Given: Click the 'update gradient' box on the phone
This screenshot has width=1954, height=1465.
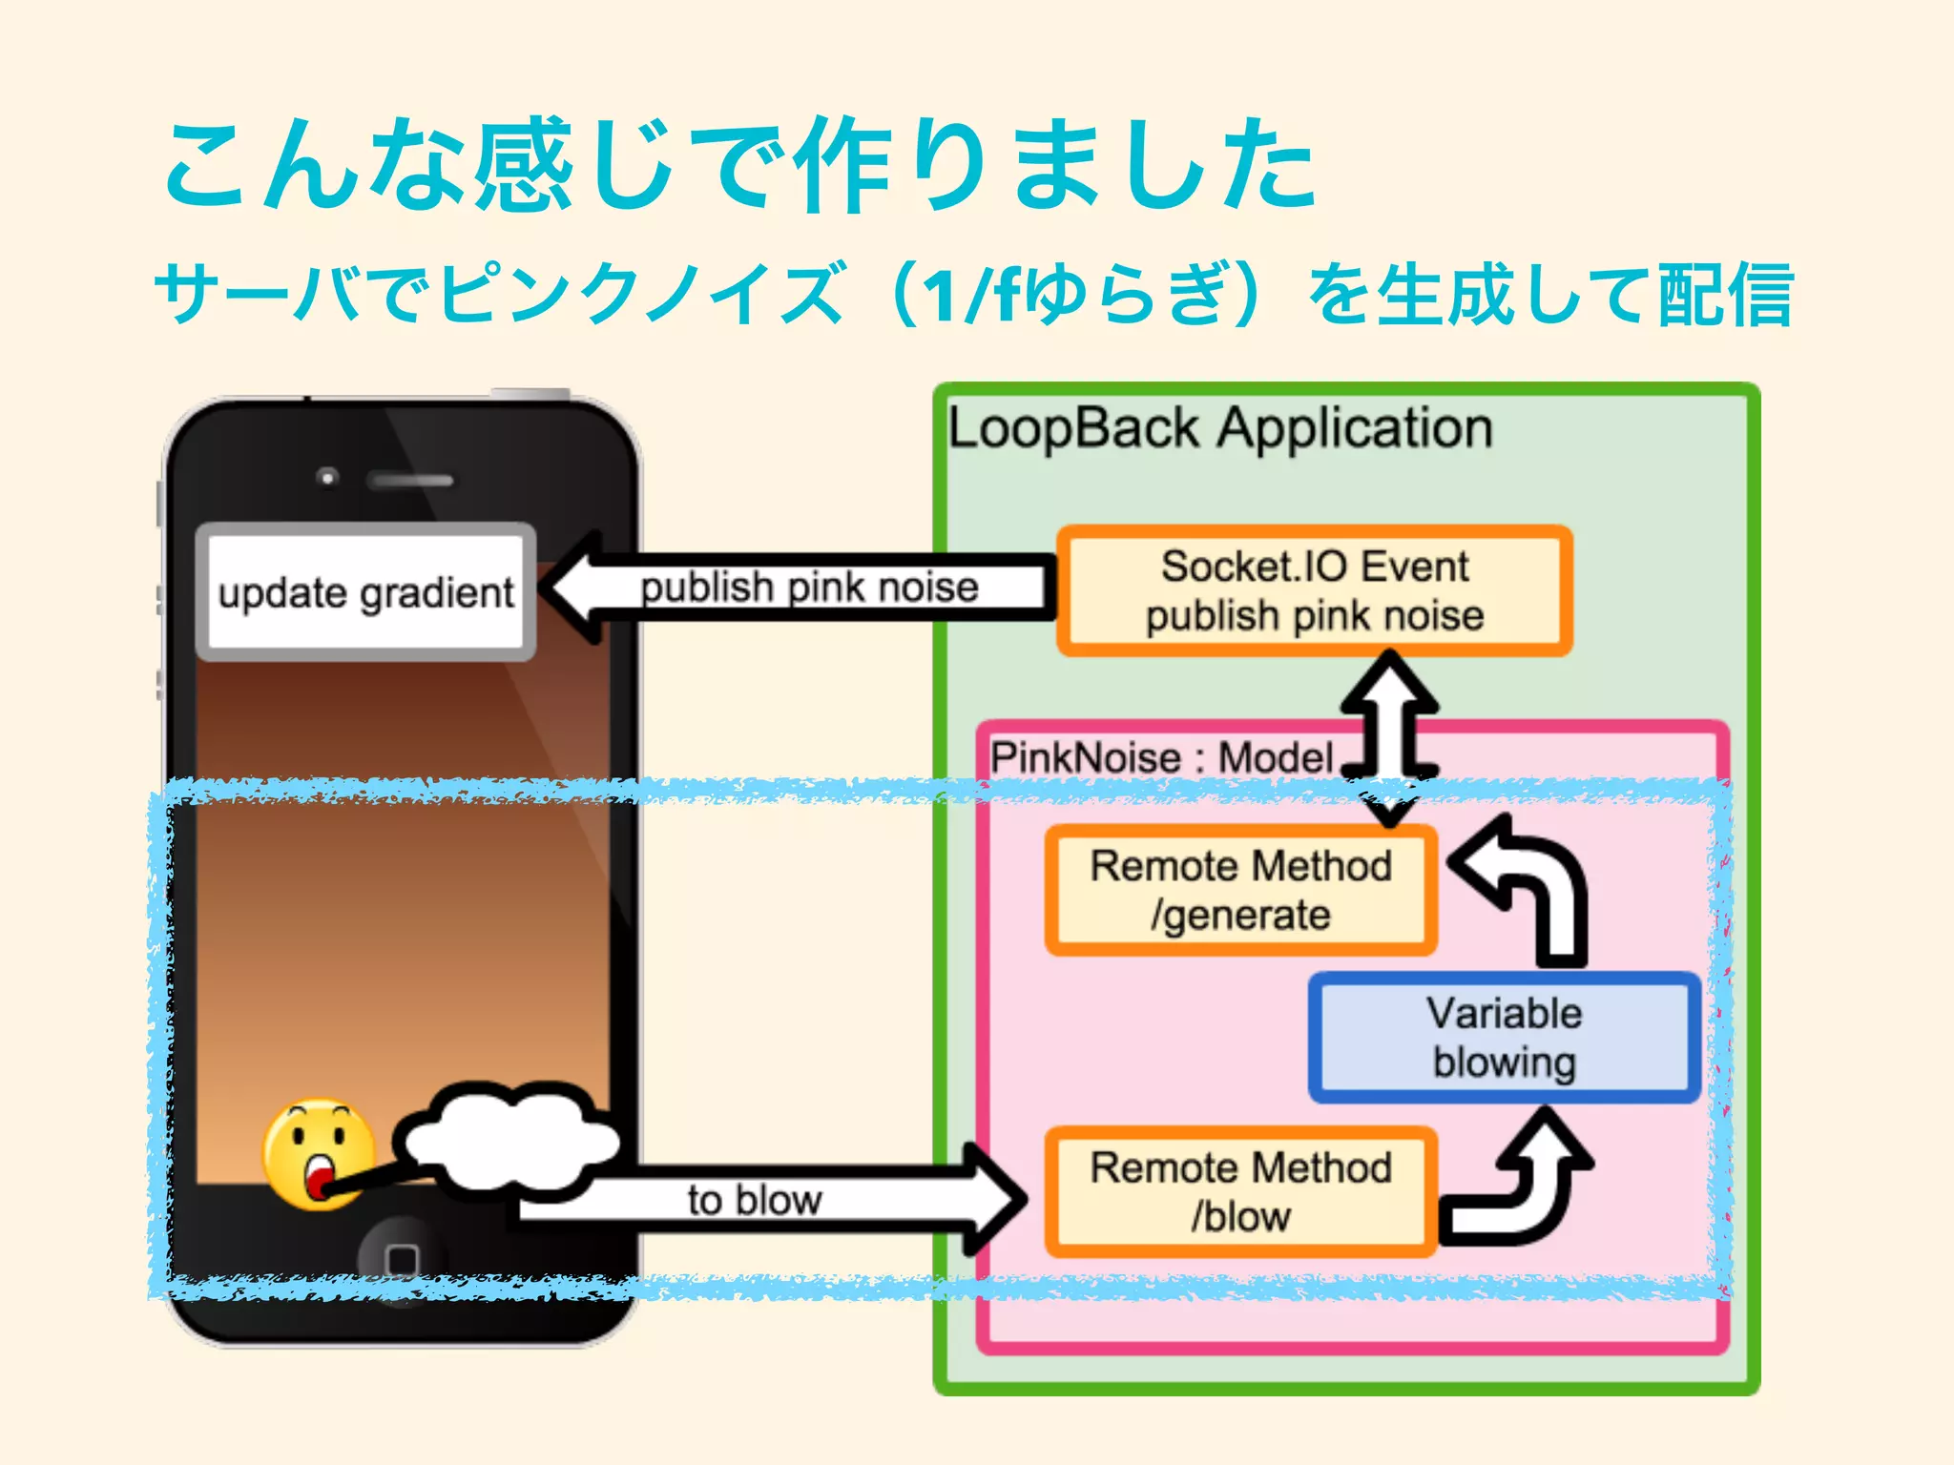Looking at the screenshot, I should coord(365,591).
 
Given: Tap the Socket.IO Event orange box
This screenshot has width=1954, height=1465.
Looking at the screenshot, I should coord(1314,590).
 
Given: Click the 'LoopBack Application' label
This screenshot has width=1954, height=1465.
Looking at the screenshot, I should coord(1219,428).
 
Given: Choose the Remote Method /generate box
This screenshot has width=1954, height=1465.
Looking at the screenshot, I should coord(1240,890).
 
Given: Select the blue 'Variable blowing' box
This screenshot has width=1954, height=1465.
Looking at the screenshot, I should coord(1504,1038).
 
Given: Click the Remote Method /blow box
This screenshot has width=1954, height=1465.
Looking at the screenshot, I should coord(1240,1191).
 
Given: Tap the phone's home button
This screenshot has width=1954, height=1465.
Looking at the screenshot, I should coord(402,1259).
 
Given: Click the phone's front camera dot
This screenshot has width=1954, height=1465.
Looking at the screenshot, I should coord(327,476).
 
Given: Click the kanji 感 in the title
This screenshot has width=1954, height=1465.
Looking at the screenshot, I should coord(523,164).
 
